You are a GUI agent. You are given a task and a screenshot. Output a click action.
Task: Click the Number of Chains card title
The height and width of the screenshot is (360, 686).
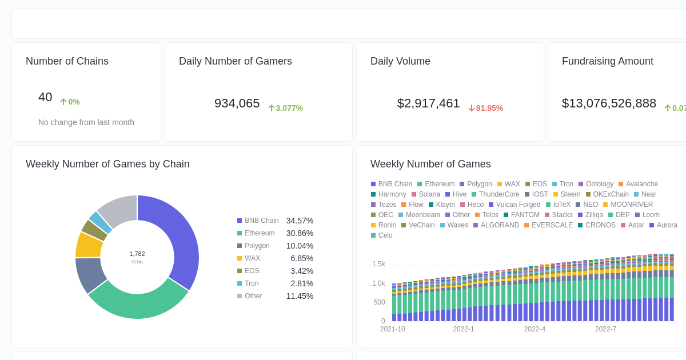[x=67, y=61]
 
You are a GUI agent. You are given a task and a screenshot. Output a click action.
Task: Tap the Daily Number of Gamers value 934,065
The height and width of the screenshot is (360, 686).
[x=237, y=103]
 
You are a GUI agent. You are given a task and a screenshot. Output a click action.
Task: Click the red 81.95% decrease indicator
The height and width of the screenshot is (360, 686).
[x=485, y=108]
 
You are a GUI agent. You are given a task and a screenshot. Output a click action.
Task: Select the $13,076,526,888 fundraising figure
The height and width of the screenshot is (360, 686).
[x=609, y=103]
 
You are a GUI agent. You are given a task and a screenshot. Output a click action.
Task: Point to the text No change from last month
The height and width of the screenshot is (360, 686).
[x=86, y=122]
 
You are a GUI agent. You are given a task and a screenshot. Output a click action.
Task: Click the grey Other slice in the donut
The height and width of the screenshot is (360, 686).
[x=117, y=210]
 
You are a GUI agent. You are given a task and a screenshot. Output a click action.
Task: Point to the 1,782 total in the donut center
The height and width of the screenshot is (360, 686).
[x=137, y=254]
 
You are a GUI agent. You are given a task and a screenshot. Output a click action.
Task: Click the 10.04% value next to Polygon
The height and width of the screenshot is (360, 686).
[x=300, y=246]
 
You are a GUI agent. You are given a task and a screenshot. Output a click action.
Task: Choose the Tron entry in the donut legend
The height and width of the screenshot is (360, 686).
[x=252, y=283]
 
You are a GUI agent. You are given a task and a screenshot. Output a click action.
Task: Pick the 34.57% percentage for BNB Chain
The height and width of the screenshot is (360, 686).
[x=300, y=221]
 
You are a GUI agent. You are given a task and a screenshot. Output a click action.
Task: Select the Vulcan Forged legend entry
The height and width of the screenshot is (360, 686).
[x=518, y=205]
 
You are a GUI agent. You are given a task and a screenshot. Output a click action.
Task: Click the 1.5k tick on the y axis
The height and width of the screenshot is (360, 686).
[x=378, y=264]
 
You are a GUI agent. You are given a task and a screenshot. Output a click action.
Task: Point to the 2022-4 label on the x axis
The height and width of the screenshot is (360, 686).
[x=535, y=329]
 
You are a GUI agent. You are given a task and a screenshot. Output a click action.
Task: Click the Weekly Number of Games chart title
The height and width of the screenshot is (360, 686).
[x=430, y=164]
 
